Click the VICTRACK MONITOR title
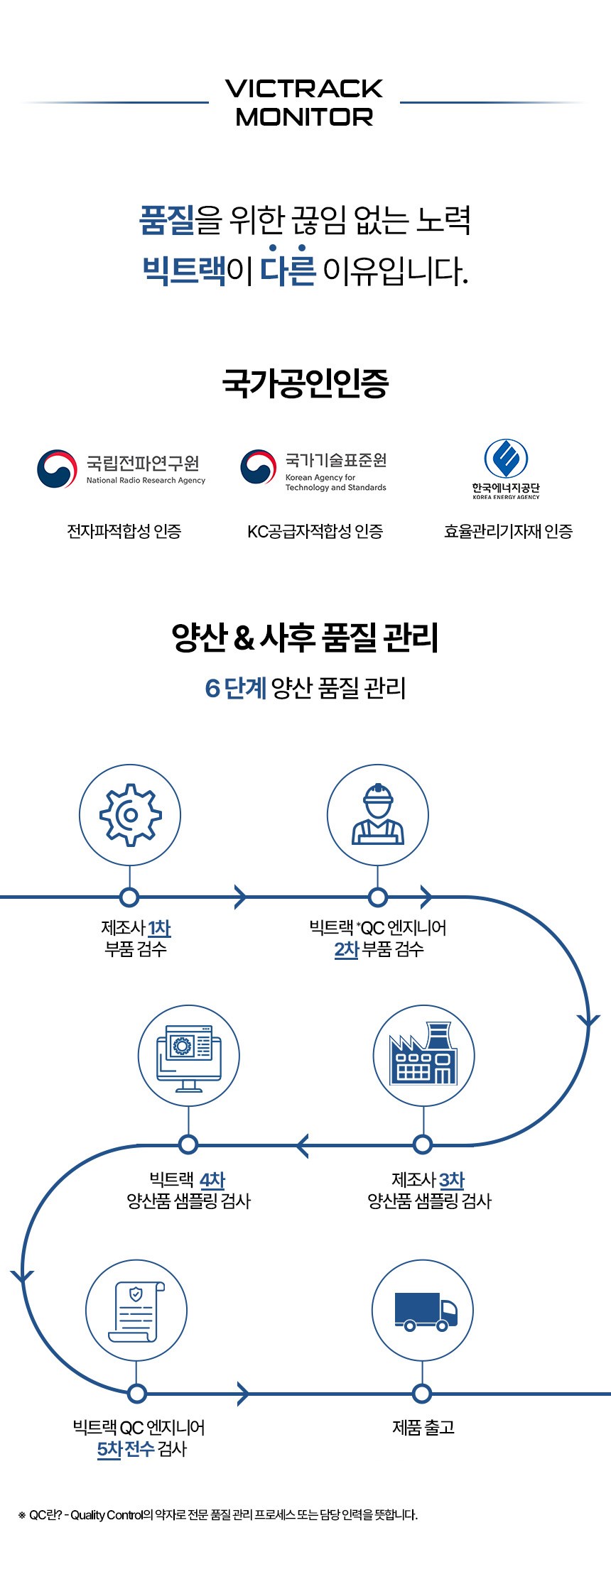tap(304, 102)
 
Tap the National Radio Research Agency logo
tap(121, 469)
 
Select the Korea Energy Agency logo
tap(506, 469)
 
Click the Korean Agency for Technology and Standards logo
tap(313, 469)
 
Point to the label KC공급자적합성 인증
tap(315, 531)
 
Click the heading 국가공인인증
tap(305, 383)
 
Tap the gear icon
tap(130, 814)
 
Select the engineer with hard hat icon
tap(378, 814)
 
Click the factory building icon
tap(423, 1055)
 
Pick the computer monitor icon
tap(188, 1055)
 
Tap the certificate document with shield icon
tap(136, 1311)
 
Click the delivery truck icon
tap(423, 1311)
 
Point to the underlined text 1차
tap(159, 928)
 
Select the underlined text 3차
tap(452, 1180)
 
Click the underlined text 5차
tap(109, 1449)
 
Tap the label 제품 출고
tap(423, 1428)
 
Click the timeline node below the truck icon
tap(422, 1394)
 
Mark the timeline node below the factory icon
tap(423, 1144)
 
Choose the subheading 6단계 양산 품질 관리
tap(305, 687)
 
